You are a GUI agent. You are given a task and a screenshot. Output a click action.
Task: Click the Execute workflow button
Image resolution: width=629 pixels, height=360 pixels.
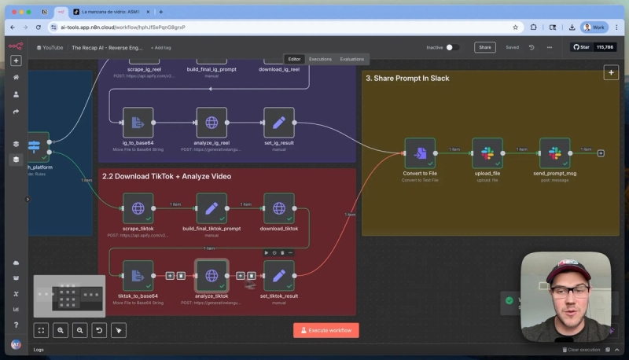(326, 330)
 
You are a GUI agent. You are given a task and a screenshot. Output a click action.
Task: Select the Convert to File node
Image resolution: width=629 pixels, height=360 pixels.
(420, 152)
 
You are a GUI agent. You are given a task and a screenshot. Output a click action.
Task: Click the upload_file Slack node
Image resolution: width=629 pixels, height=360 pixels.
(487, 152)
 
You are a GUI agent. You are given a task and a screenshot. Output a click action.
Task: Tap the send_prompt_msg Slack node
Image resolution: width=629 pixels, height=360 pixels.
(555, 152)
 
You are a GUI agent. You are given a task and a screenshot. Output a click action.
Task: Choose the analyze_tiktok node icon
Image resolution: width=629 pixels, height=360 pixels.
(212, 275)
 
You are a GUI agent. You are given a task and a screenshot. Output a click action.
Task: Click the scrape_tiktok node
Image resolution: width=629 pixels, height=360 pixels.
(138, 208)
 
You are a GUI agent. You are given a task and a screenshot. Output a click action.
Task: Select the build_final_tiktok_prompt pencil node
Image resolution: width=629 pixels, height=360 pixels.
(212, 208)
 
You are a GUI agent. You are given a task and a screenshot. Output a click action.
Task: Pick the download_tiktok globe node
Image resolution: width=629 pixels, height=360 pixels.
(279, 208)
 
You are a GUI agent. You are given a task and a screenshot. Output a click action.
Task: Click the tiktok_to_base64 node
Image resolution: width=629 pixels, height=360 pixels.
(138, 275)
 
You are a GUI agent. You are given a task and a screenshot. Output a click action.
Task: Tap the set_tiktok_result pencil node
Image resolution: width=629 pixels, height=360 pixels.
(279, 275)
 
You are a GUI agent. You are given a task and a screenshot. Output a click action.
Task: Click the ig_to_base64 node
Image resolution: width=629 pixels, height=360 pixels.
(138, 123)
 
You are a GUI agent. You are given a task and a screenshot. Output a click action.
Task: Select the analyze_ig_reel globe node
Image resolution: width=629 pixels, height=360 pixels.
(212, 123)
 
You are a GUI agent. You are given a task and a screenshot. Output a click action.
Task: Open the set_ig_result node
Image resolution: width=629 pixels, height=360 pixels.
(279, 123)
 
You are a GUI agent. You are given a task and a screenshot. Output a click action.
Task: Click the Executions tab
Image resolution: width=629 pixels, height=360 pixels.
(320, 59)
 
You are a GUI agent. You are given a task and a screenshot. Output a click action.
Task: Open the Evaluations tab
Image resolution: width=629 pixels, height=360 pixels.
(351, 59)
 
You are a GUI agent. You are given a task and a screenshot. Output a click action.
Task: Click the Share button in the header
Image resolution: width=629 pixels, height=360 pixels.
(485, 47)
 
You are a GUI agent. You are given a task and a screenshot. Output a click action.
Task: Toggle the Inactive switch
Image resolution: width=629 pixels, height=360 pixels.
(452, 47)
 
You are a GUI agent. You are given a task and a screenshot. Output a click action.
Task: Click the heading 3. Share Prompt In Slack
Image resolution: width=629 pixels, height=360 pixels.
(407, 79)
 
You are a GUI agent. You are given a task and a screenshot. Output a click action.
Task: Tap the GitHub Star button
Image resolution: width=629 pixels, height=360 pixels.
(593, 47)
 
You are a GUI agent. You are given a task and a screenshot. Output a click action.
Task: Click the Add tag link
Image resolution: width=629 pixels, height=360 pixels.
(160, 47)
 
